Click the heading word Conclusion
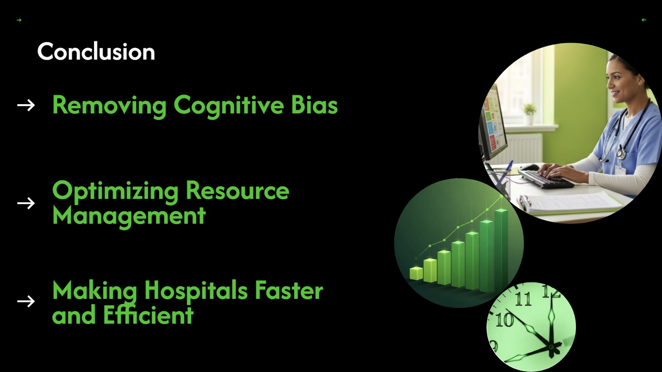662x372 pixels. point(96,52)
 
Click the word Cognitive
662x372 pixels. point(228,105)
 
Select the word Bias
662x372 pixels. point(314,105)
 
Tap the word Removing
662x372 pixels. point(109,105)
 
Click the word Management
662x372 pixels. point(129,216)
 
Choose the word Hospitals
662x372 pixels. point(196,291)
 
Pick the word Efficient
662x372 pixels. point(148,315)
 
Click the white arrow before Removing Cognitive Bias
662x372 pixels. point(26,105)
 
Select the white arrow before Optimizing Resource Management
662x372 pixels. point(26,203)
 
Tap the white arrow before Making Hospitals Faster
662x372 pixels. point(26,301)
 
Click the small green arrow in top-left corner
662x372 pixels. point(19,20)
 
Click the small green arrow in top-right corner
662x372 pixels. point(644,20)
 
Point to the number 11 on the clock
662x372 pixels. point(523,299)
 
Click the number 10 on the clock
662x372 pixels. point(504,320)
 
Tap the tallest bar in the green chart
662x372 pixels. point(501,248)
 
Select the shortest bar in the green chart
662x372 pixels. point(416,273)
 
